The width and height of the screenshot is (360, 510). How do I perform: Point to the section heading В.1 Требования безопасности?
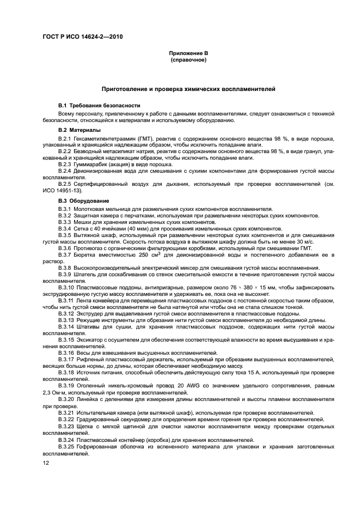coord(91,105)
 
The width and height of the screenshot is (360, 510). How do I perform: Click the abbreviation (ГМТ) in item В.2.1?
coord(141,139)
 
